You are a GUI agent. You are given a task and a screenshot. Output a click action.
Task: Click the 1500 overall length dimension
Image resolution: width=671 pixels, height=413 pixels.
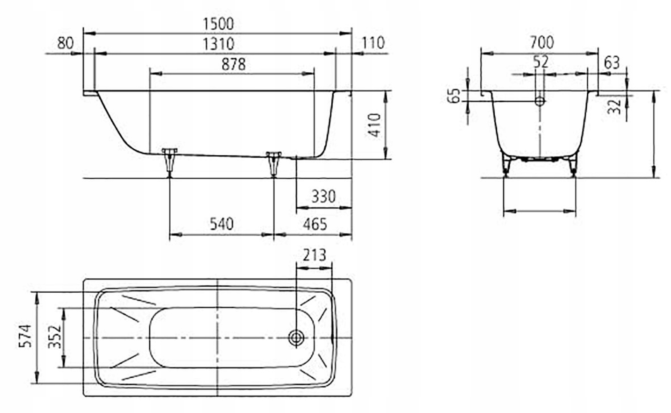tap(218, 24)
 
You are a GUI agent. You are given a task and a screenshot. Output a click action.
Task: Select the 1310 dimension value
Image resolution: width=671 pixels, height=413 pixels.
tap(218, 43)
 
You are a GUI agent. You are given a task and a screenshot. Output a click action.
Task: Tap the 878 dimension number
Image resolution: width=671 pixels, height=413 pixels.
tap(233, 64)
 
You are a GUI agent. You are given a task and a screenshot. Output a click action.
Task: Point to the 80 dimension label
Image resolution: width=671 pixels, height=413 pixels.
tap(65, 43)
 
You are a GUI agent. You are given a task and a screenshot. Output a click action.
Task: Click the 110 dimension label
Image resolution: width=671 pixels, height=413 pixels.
tap(373, 43)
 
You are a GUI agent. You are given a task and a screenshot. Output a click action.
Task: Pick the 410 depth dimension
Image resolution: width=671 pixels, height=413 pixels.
tap(375, 125)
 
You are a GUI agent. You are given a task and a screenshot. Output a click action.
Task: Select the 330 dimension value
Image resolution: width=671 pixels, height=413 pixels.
tap(323, 197)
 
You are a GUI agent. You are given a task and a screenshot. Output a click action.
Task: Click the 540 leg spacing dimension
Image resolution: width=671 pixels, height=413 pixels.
tap(221, 224)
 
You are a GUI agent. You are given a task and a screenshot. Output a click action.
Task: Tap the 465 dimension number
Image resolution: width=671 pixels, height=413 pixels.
tap(315, 224)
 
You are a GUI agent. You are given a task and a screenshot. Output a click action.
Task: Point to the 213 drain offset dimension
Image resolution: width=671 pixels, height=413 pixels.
tap(314, 255)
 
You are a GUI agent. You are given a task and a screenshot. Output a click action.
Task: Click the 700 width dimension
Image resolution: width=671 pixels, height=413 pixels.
tap(541, 42)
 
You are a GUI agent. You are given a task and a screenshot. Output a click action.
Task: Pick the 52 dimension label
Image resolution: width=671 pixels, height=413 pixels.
tap(540, 62)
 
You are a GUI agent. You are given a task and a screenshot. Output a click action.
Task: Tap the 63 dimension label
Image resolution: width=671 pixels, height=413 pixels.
tap(612, 63)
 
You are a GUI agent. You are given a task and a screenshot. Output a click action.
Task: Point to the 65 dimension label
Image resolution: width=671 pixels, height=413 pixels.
tap(454, 96)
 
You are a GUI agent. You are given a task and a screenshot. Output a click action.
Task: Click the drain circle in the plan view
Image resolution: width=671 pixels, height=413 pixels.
tap(296, 338)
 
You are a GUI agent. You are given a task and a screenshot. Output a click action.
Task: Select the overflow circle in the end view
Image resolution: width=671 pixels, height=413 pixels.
tap(540, 101)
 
